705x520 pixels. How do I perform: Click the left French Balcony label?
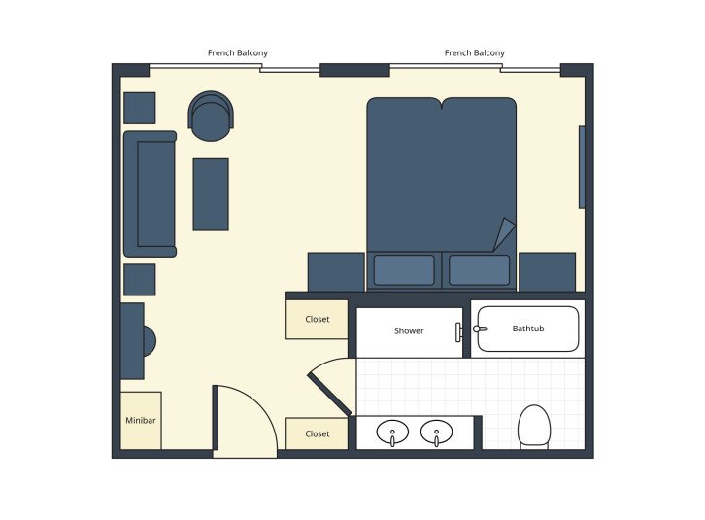tap(238, 52)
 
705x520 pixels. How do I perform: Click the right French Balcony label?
tap(474, 52)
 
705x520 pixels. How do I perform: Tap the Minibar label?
tap(141, 421)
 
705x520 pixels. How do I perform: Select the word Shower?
tap(409, 330)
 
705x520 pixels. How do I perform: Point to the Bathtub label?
tap(528, 329)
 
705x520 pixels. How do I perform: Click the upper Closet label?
tap(318, 319)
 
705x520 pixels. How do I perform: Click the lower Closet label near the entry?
tap(318, 433)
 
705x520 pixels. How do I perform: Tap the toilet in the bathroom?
tap(534, 426)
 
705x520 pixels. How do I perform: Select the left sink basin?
tap(393, 431)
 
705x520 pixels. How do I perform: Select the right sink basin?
tap(437, 431)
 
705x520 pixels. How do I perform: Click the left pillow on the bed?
tap(404, 270)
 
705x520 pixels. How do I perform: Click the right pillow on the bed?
tap(479, 270)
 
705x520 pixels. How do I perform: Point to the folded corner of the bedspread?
tap(505, 234)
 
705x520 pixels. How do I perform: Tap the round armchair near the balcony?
tap(211, 117)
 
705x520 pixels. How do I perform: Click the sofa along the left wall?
tap(150, 193)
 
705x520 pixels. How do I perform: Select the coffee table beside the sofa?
tap(211, 194)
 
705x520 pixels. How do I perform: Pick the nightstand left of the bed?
tap(336, 271)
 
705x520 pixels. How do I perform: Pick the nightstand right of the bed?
tap(547, 271)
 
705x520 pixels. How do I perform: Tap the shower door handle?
tap(457, 331)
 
